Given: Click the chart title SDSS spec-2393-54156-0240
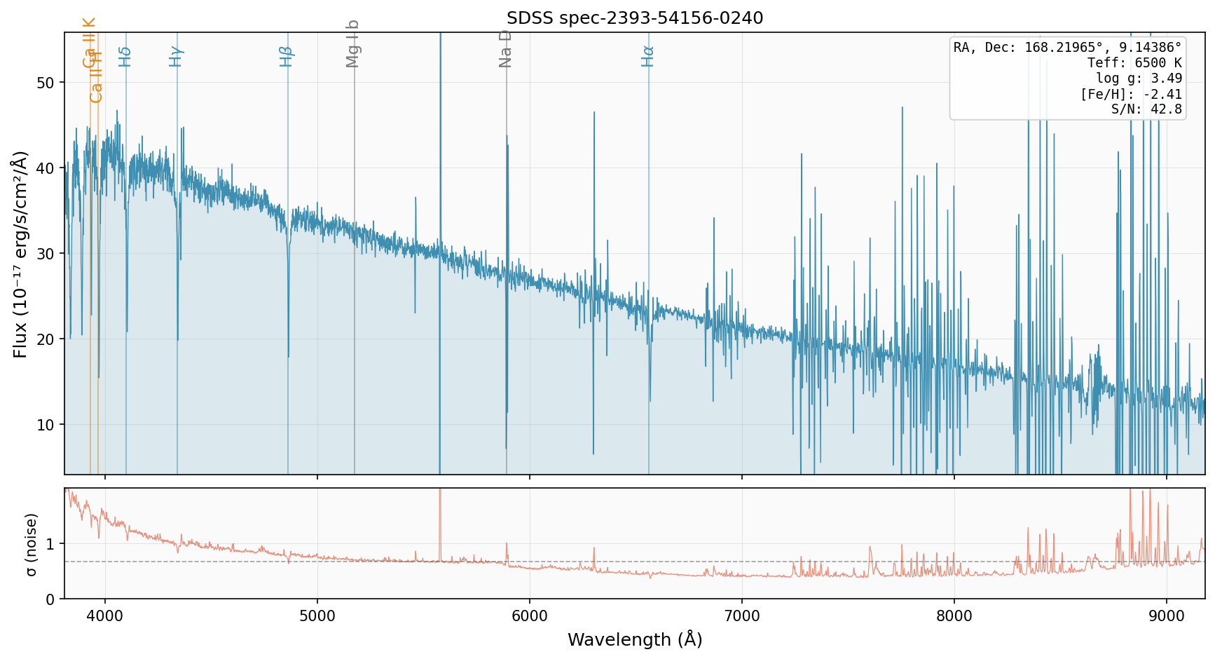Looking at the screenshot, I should point(635,18).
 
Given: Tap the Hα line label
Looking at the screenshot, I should point(648,56).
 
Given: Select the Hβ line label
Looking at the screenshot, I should point(286,56).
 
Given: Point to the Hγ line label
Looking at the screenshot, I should point(176,56).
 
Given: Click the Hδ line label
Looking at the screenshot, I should point(125,56).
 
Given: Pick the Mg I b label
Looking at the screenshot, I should point(353,43).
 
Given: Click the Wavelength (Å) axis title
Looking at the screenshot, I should point(635,639).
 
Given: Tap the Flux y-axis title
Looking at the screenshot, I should point(20,254).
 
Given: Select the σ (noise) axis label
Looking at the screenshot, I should point(31,544).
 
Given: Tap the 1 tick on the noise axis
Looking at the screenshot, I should point(50,544).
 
